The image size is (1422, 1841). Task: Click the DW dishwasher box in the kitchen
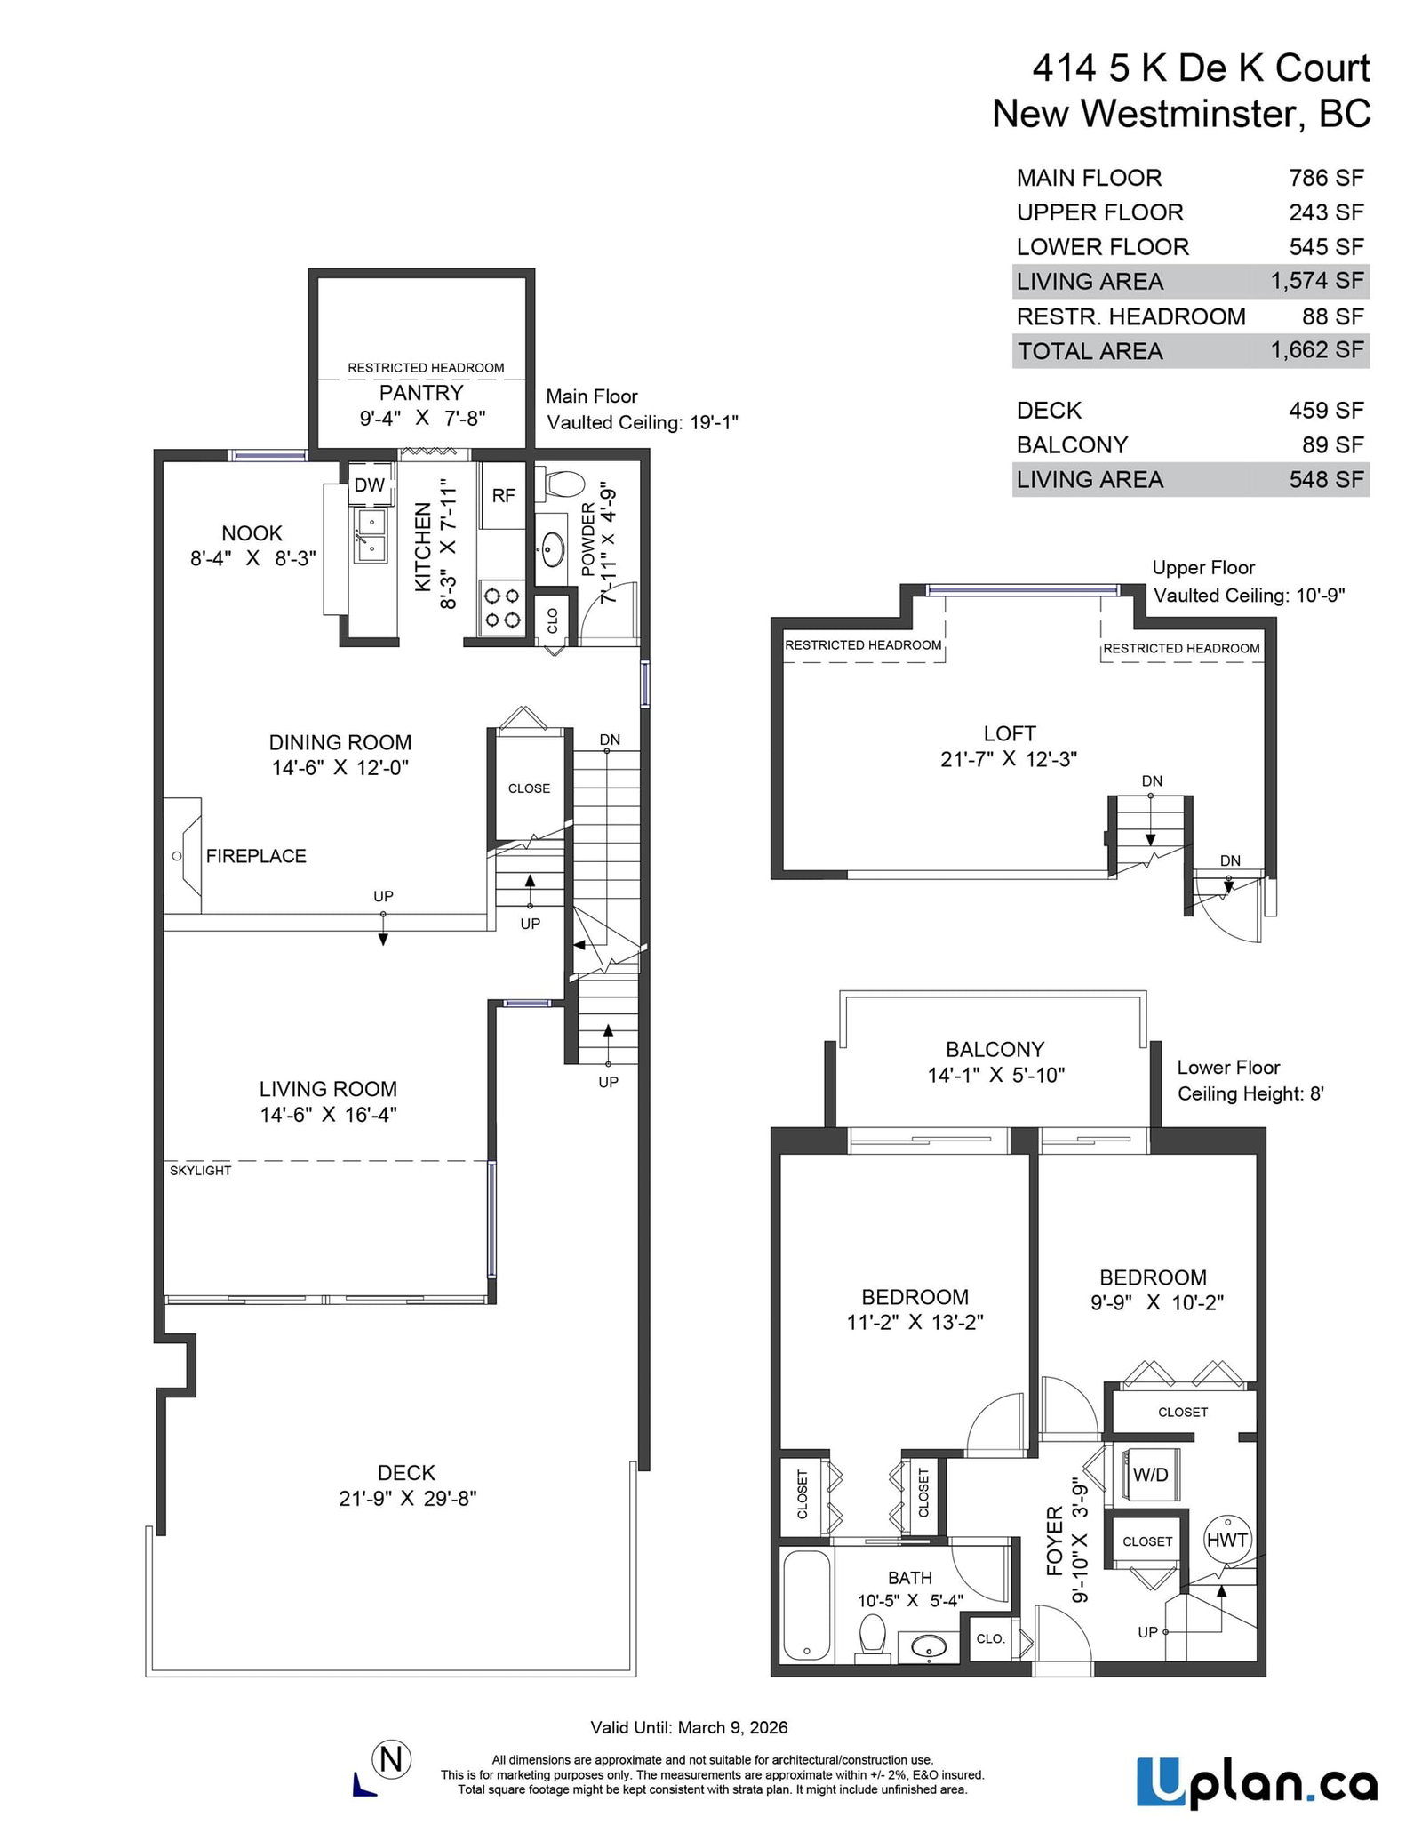[370, 484]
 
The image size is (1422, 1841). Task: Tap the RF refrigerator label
[504, 495]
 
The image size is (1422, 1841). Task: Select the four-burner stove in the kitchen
[500, 608]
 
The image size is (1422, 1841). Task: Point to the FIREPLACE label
[256, 856]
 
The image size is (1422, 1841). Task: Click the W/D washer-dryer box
[1150, 1475]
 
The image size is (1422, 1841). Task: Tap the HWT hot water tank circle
[1227, 1541]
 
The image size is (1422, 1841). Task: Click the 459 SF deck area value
[1326, 410]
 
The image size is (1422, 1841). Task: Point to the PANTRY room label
[421, 393]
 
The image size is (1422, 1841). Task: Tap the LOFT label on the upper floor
[1010, 733]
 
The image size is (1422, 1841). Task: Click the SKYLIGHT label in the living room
[201, 1171]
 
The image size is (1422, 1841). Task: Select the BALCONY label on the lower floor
[995, 1049]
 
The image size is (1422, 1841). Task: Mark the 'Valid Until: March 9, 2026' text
[689, 1727]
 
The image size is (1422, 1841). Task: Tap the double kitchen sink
[371, 536]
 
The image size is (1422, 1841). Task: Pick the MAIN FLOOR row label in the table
[1089, 178]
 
